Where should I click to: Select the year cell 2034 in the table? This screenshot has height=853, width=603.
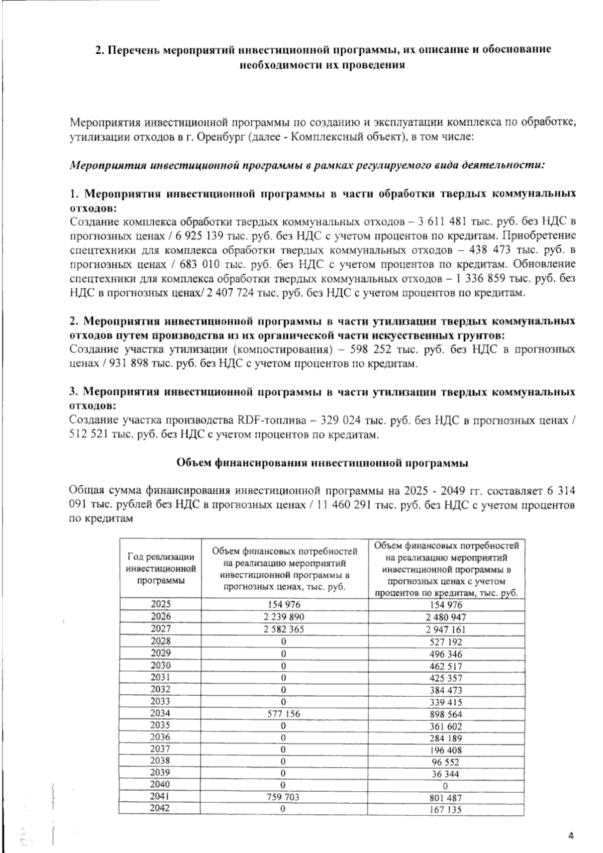point(161,713)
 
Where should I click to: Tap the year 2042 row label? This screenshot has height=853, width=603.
point(161,808)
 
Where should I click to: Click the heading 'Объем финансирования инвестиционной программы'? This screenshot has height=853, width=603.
point(322,463)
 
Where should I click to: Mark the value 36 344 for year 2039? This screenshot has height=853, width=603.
point(446,774)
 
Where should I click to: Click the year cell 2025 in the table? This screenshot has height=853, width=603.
point(161,604)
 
